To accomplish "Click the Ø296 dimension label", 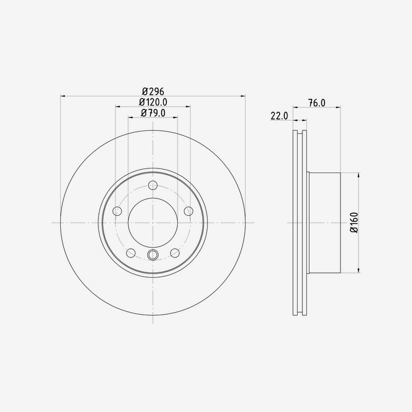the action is (153, 91).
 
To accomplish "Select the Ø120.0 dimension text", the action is (153, 101).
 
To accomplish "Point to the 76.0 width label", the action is (317, 102).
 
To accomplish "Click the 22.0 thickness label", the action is (279, 115).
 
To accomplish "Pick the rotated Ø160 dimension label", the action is (354, 222).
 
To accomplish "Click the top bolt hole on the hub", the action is (152, 185).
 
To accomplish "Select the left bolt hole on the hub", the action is (117, 211).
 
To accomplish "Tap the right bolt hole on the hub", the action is (188, 211).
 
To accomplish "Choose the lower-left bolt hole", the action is (131, 253).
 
